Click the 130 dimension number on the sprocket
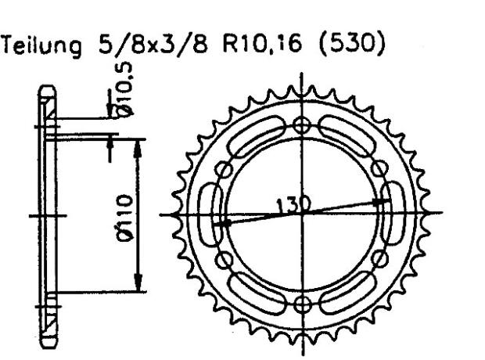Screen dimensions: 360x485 point(293,205)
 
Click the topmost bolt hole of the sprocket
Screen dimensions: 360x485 point(302,125)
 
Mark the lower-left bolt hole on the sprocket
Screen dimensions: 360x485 point(225,259)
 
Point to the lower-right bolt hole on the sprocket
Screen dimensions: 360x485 point(379,259)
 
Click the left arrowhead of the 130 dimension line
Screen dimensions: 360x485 point(221,225)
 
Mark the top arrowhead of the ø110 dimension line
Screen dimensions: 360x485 point(139,144)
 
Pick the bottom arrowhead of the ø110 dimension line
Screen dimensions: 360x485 point(139,286)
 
